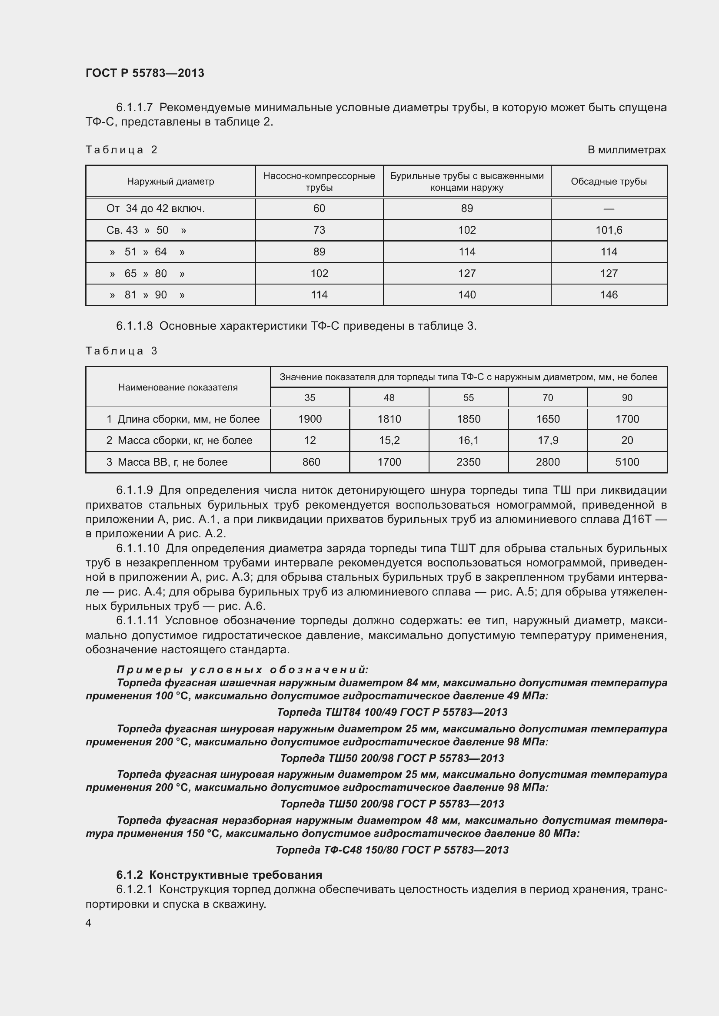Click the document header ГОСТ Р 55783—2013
pyautogui.click(x=145, y=73)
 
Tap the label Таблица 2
pyautogui.click(x=121, y=150)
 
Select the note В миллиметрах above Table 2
pyautogui.click(x=626, y=150)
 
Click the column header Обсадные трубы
pyautogui.click(x=608, y=182)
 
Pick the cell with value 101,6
pyautogui.click(x=608, y=230)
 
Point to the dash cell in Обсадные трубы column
pyautogui.click(x=608, y=209)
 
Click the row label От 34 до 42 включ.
pyautogui.click(x=155, y=208)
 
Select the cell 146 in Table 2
pyautogui.click(x=608, y=295)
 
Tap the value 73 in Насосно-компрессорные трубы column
pyautogui.click(x=319, y=230)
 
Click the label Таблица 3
pyautogui.click(x=121, y=351)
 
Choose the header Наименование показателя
pyautogui.click(x=177, y=387)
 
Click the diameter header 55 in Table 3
pyautogui.click(x=468, y=398)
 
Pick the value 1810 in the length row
pyautogui.click(x=389, y=419)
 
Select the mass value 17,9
pyautogui.click(x=547, y=440)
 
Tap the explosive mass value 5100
pyautogui.click(x=627, y=462)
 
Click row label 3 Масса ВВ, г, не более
pyautogui.click(x=167, y=462)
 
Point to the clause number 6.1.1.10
pyautogui.click(x=138, y=549)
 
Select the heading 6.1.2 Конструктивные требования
pyautogui.click(x=219, y=875)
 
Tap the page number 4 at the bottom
pyautogui.click(x=89, y=923)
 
